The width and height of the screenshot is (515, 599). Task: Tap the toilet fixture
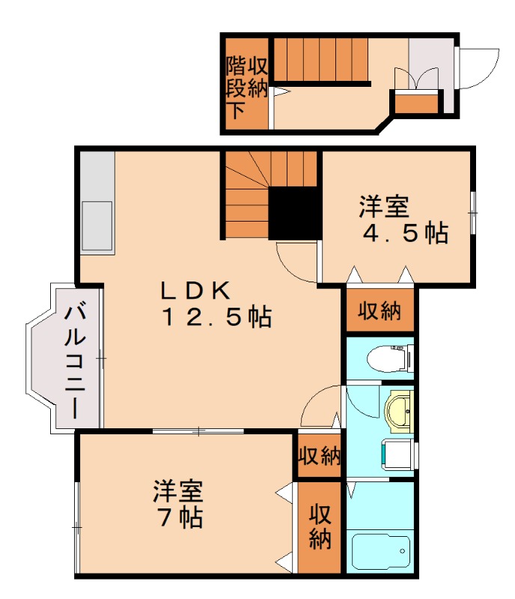pyautogui.click(x=389, y=358)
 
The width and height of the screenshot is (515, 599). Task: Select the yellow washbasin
pyautogui.click(x=398, y=411)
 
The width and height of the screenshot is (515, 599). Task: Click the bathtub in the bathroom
pyautogui.click(x=381, y=553)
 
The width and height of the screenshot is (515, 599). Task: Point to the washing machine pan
pyautogui.click(x=397, y=454)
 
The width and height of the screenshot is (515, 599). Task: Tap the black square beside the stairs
pyautogui.click(x=293, y=213)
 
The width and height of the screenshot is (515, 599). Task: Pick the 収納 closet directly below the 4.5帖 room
pyautogui.click(x=380, y=310)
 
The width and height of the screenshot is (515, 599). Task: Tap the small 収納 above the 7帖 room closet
pyautogui.click(x=320, y=455)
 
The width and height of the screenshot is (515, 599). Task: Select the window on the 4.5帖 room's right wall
pyautogui.click(x=473, y=213)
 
